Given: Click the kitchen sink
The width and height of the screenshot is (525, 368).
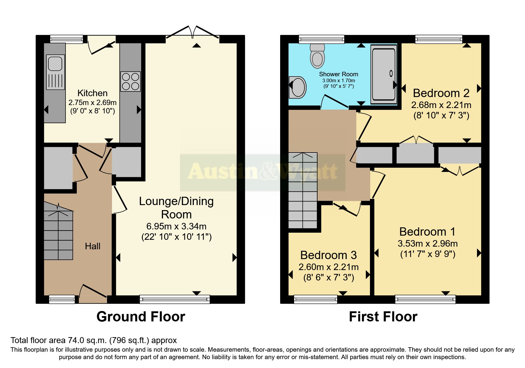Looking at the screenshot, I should pos(55,72).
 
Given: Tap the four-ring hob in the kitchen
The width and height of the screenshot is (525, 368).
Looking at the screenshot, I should pos(130,82).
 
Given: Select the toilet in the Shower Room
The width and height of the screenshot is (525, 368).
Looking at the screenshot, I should pos(317,56).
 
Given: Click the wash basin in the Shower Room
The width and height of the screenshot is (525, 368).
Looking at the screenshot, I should pos(298,87).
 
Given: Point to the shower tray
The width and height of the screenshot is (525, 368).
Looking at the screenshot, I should pos(384,74).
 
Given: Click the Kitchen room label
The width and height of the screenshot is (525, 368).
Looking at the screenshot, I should pos(92,93).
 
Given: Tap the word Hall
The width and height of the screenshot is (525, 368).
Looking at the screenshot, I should pos(92,246).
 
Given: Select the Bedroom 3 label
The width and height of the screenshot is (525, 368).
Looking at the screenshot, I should pos(328,255).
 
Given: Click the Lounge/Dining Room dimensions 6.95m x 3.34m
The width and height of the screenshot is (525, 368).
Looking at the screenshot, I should pos(176,226).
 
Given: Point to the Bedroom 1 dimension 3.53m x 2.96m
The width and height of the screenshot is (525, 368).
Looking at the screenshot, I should pos(427,244).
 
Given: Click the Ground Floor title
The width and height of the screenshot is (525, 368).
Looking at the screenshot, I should pos(141,317).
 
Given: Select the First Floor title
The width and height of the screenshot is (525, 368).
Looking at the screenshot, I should pos(383,317).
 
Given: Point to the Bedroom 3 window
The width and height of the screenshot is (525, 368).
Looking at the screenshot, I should pos(315,299).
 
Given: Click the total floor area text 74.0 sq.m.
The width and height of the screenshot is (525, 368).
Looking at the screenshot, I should pos(94,340).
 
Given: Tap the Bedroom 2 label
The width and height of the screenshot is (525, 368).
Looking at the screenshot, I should pos(441,93).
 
